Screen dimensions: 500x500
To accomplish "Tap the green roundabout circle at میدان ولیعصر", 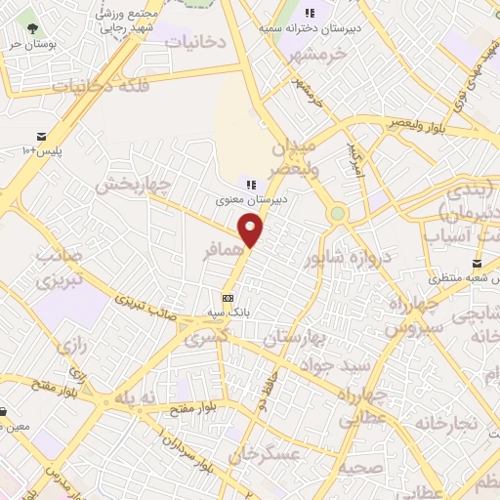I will [x=338, y=213].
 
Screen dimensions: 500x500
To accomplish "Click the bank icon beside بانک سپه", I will [x=229, y=298].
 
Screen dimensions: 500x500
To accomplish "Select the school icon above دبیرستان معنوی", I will [x=250, y=184].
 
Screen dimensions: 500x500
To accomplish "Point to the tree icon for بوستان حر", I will [x=34, y=28].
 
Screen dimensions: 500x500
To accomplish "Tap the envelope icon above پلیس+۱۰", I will [x=41, y=136].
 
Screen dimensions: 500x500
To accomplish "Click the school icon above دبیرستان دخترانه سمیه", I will [x=310, y=13].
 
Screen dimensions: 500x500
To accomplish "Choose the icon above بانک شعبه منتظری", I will [x=477, y=264].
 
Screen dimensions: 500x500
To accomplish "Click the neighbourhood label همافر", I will [x=222, y=251].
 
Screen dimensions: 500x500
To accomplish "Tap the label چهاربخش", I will [x=135, y=184].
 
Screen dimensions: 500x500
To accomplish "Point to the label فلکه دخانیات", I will [x=101, y=85].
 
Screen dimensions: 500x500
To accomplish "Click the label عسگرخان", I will [x=263, y=453].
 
